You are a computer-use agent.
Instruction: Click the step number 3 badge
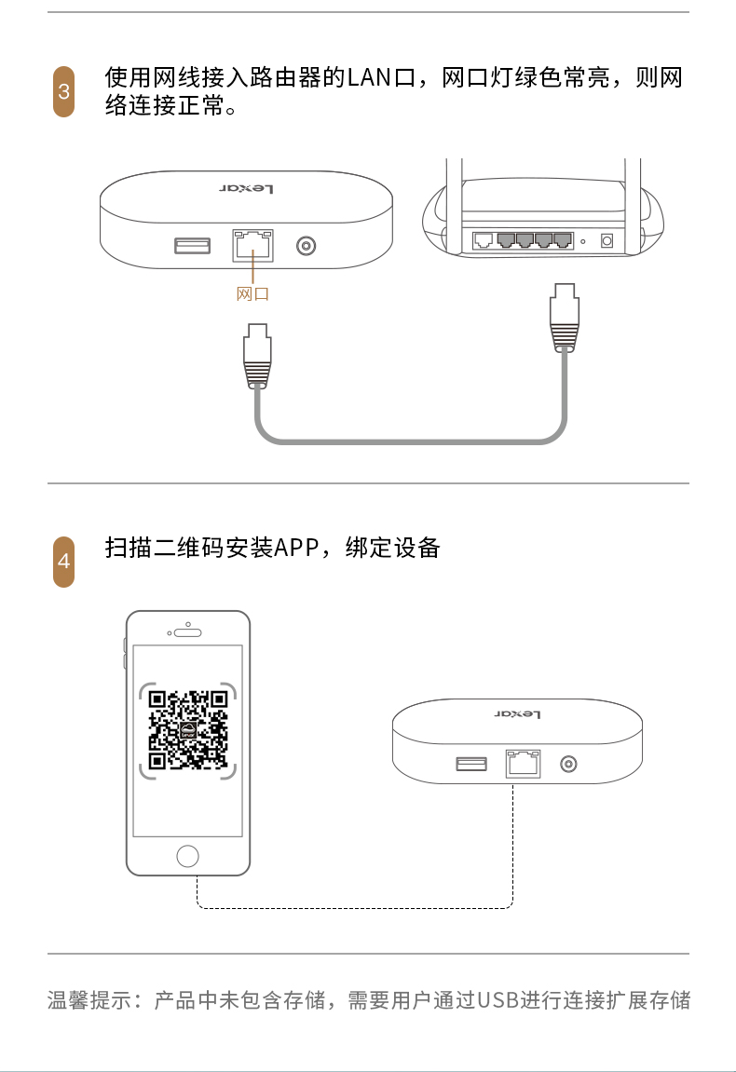(x=63, y=91)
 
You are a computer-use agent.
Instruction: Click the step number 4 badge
(x=63, y=562)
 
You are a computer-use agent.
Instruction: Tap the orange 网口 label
(x=252, y=294)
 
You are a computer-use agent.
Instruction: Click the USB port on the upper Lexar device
(x=192, y=246)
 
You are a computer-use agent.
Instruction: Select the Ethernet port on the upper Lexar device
(x=253, y=246)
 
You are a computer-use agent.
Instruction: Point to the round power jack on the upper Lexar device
(x=306, y=246)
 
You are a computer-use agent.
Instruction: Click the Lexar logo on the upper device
(x=246, y=189)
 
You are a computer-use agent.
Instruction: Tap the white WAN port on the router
(x=483, y=240)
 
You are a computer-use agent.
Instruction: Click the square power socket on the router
(x=607, y=240)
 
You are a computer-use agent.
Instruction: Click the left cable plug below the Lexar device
(x=257, y=357)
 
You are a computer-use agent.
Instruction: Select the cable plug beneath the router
(x=565, y=318)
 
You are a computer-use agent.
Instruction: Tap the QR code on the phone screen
(x=188, y=729)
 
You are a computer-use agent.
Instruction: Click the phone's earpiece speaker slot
(x=187, y=632)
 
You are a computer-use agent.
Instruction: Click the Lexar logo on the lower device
(x=518, y=714)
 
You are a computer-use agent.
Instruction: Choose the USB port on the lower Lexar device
(x=472, y=764)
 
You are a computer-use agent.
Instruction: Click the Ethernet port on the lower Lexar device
(x=523, y=764)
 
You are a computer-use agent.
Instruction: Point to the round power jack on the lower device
(x=568, y=764)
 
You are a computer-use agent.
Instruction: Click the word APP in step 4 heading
(x=295, y=548)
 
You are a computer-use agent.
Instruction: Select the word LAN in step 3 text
(x=369, y=77)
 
